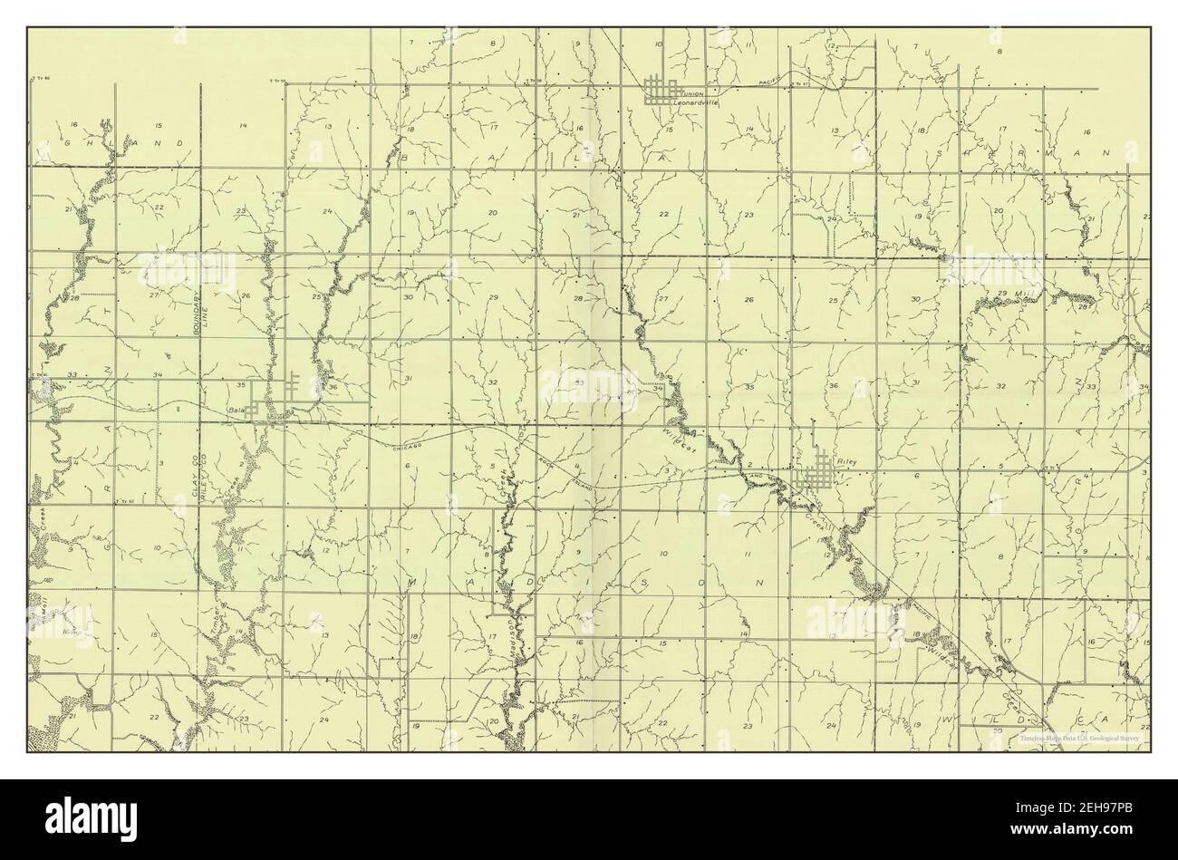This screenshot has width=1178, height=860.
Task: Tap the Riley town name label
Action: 849,461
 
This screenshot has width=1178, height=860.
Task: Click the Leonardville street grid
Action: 661,91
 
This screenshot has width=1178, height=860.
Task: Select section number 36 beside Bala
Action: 333,388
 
